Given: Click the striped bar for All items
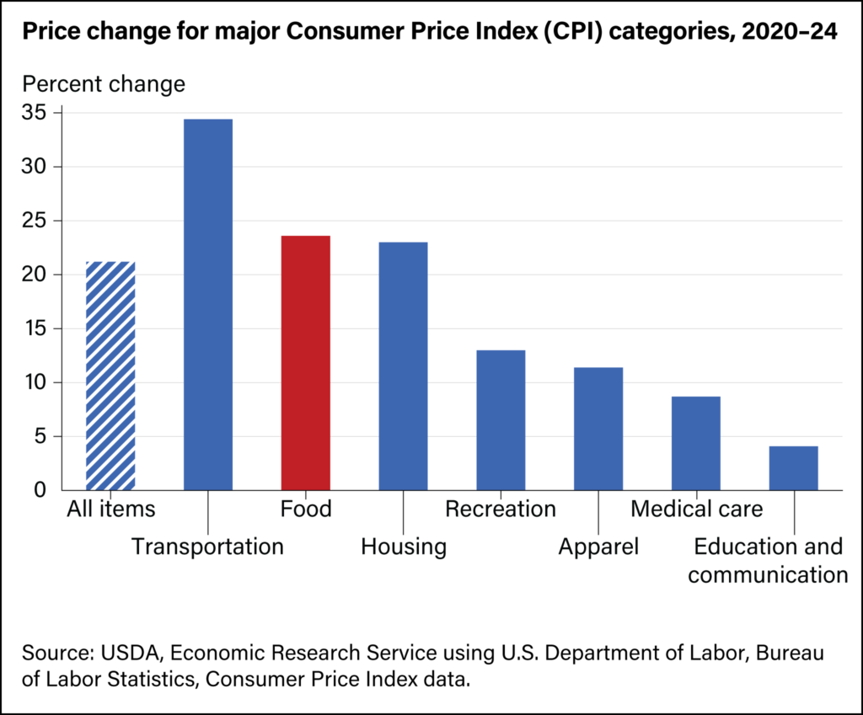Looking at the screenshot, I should pyautogui.click(x=110, y=376).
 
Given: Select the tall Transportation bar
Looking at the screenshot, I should pyautogui.click(x=208, y=304).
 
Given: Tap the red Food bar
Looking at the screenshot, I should pyautogui.click(x=305, y=362).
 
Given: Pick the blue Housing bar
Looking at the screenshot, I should pyautogui.click(x=403, y=366).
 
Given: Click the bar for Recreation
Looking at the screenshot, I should pyautogui.click(x=501, y=419).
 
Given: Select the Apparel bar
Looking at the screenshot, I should pyautogui.click(x=598, y=428).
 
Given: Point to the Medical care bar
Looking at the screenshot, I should pyautogui.click(x=696, y=443).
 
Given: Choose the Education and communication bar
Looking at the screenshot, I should pyautogui.click(x=794, y=467).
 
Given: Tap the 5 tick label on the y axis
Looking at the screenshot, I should pyautogui.click(x=44, y=436).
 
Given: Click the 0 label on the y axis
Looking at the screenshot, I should pyautogui.click(x=44, y=490).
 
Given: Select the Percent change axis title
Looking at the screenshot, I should pyautogui.click(x=103, y=84).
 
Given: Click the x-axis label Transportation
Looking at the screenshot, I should pyautogui.click(x=207, y=547).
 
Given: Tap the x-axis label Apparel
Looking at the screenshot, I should pyautogui.click(x=598, y=547).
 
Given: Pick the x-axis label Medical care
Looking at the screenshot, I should pyautogui.click(x=696, y=509).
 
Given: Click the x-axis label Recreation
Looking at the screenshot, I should pyautogui.click(x=501, y=509).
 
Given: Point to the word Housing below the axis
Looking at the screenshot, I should pyautogui.click(x=403, y=547).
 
